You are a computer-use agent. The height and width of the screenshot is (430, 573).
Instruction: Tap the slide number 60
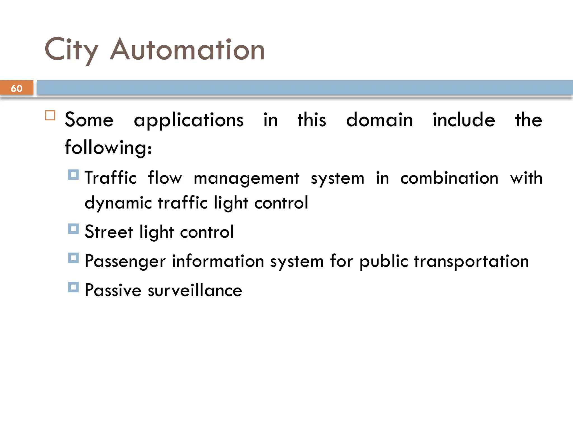17,88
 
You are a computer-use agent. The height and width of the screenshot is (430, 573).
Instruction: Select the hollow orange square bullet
50,115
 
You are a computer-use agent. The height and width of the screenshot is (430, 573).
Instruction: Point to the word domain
379,120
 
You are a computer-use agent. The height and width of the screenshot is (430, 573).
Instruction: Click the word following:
108,148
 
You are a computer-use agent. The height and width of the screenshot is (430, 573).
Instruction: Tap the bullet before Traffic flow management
73,175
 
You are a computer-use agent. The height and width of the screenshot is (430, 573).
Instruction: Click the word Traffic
111,178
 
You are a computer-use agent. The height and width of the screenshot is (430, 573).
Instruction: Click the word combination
449,178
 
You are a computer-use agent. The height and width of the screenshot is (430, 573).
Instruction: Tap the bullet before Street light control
73,229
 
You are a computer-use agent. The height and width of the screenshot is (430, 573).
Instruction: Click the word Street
109,232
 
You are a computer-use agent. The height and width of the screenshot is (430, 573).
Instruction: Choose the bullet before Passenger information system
73,258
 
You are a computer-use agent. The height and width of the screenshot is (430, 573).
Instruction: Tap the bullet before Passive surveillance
73,287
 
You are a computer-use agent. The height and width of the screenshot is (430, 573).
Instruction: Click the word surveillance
195,290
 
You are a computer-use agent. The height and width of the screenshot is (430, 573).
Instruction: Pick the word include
464,120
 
